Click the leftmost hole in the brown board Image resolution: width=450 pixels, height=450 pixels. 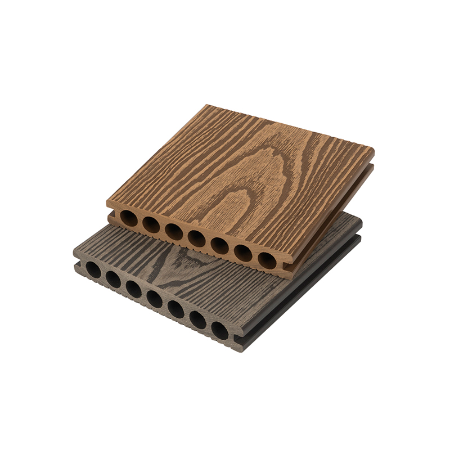click(128, 218)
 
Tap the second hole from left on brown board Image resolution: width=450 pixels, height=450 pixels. click(151, 224)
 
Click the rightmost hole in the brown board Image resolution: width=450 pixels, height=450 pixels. click(266, 259)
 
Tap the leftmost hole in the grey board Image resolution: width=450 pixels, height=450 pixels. click(93, 271)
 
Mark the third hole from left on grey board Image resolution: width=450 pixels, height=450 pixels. click(134, 289)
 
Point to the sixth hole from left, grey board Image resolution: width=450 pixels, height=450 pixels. click(197, 319)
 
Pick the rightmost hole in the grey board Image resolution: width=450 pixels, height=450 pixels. click(220, 331)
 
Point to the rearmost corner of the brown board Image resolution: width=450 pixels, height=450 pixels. click(208, 106)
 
